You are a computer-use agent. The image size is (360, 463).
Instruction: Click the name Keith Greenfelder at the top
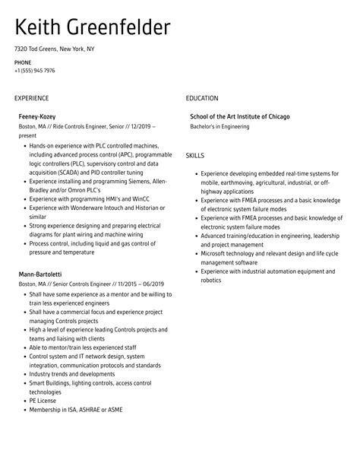tap(92, 28)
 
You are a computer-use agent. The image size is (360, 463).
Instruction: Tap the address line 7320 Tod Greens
tap(54, 49)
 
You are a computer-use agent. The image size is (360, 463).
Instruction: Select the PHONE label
tap(23, 62)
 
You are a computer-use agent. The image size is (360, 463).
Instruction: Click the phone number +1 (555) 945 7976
tap(34, 71)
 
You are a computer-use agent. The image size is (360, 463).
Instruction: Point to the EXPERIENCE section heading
tap(31, 98)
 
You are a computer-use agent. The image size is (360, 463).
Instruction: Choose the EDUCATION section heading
tap(202, 98)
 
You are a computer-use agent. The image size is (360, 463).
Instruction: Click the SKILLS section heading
tap(195, 155)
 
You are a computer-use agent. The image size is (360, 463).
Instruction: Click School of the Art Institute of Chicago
tap(240, 116)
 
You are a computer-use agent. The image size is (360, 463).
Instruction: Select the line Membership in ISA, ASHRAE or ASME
tap(76, 410)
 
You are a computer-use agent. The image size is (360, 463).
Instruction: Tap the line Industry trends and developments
tap(71, 373)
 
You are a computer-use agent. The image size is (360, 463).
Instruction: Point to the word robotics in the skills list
tap(211, 280)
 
